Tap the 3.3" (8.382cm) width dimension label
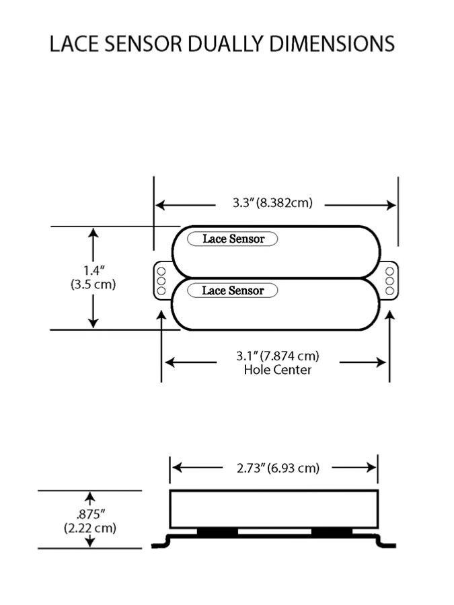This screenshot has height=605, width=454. pos(272,202)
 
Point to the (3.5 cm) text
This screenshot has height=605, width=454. pos(93,284)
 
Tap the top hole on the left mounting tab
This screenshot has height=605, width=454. pos(161,271)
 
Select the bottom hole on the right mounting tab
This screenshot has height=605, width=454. pos(389,291)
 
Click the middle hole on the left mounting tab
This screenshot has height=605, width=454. pos(161,281)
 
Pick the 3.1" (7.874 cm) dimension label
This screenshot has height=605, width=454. pos(277,356)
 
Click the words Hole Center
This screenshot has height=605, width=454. pos(277,370)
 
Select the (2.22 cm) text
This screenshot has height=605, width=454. pos(90,528)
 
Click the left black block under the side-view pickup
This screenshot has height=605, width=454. pos(217,532)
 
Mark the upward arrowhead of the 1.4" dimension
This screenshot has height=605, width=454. pos(93,233)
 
